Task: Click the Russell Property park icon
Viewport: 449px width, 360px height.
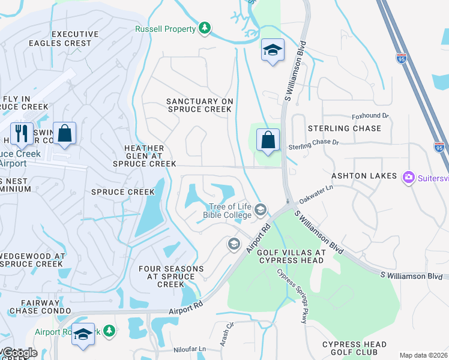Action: tap(205, 28)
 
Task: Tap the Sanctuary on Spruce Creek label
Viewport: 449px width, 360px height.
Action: tap(199, 106)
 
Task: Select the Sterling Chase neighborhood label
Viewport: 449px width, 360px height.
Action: tap(344, 128)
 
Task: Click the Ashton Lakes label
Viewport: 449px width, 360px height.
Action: tap(364, 176)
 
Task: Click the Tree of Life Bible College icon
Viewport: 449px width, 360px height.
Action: tap(261, 210)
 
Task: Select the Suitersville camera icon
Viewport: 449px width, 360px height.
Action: tap(409, 176)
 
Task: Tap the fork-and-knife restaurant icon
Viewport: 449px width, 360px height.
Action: tap(22, 133)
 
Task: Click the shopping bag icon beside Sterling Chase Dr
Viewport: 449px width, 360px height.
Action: tap(268, 140)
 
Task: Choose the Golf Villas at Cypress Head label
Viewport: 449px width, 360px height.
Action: tap(291, 257)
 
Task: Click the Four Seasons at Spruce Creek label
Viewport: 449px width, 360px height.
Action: tap(166, 277)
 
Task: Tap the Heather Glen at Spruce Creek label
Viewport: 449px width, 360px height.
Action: tap(144, 156)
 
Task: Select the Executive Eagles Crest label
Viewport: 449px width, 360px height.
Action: tap(71, 39)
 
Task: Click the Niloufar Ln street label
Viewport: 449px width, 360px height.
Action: tap(190, 349)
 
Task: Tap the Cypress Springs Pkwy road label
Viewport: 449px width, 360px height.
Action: tap(292, 296)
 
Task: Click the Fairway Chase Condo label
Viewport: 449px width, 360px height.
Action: tap(35, 307)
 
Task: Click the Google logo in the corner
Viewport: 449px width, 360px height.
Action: tap(19, 353)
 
